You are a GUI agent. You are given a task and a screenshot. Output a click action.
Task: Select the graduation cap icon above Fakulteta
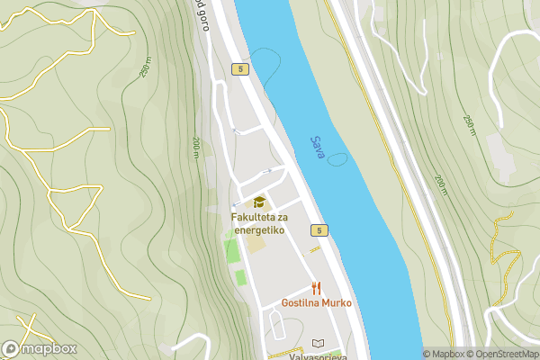259,202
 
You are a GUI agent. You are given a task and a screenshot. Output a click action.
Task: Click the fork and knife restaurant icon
315,288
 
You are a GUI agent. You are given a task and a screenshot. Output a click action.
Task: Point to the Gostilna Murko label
316,303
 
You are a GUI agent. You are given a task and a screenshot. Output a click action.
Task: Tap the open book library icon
317,343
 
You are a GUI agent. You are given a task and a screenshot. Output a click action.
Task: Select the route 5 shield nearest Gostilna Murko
320,231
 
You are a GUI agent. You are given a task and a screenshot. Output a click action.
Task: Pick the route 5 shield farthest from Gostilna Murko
238,69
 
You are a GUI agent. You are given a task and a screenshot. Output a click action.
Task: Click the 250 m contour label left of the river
145,69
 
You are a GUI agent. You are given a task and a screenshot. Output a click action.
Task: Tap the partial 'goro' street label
202,16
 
